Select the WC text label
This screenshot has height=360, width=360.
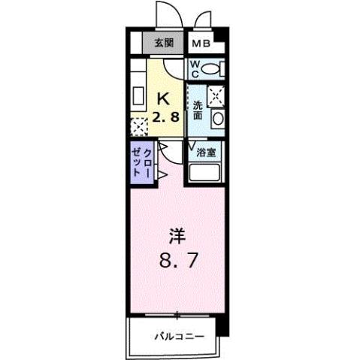pyautogui.click(x=193, y=69)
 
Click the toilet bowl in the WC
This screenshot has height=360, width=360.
pyautogui.click(x=212, y=69)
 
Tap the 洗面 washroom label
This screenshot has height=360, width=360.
pyautogui.click(x=197, y=110)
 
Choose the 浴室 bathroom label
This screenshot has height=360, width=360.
pyautogui.click(x=207, y=153)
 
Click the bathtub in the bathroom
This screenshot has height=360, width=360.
pyautogui.click(x=206, y=173)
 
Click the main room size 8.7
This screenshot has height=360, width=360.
pyautogui.click(x=177, y=262)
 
